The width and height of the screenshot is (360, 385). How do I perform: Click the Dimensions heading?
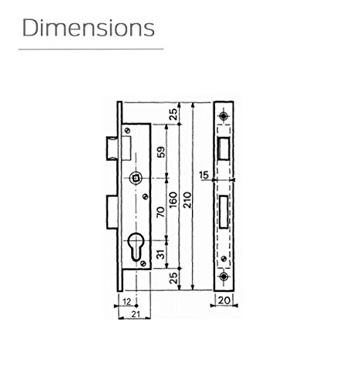point(89,28)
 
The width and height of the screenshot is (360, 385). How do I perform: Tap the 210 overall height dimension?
point(187,199)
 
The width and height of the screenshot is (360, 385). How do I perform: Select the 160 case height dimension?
point(173,199)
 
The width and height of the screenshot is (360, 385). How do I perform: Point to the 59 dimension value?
point(161,152)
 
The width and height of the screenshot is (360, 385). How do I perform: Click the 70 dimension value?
point(161,212)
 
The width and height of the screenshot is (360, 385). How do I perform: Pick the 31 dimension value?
point(161,254)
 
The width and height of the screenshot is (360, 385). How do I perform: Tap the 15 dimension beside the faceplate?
point(204,175)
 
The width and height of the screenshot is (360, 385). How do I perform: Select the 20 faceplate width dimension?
point(224,300)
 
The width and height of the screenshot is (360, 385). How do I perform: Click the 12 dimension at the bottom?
point(127,302)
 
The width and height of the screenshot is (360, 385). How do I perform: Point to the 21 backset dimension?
point(136,314)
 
